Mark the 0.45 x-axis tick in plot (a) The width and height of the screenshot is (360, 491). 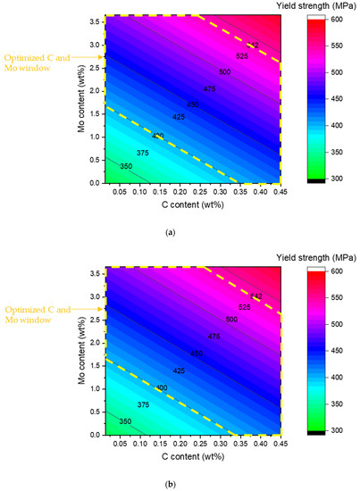(281, 190)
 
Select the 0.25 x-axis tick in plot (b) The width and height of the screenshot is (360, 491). (205, 442)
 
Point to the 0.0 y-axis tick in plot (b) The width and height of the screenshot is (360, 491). (93, 433)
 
